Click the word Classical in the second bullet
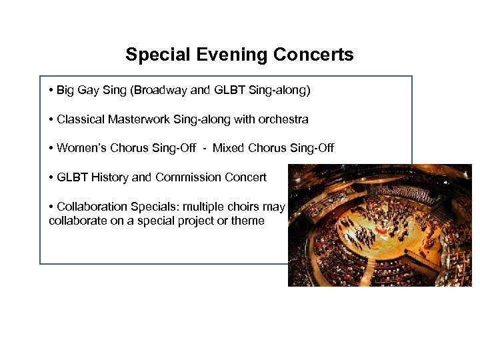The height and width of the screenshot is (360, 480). click(81, 119)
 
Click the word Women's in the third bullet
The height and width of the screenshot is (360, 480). click(79, 148)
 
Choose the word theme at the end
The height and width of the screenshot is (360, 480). click(248, 221)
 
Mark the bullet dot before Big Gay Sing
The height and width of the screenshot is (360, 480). click(51, 90)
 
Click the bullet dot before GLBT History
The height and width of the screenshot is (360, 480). click(51, 177)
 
